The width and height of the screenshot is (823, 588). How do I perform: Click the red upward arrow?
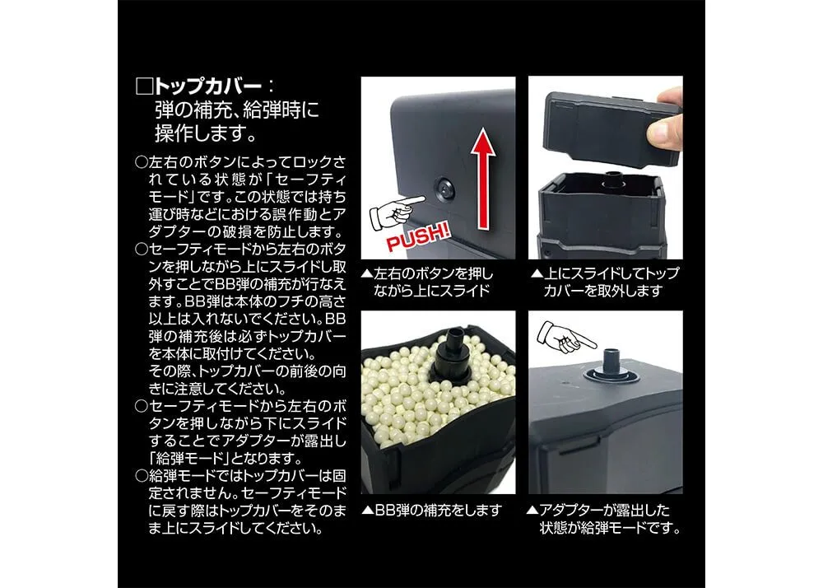tap(483, 180)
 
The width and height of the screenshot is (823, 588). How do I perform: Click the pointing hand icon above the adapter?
tap(566, 338)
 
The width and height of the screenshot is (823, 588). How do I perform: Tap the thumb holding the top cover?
tap(663, 130)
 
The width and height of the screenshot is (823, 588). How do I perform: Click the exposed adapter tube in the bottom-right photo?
tap(611, 362)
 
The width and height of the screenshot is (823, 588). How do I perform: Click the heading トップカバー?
tap(207, 86)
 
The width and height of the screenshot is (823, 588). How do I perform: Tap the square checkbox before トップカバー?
tap(143, 86)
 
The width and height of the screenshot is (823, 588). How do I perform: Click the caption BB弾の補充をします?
tap(438, 511)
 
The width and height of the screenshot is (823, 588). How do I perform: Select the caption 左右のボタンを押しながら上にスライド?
tap(433, 282)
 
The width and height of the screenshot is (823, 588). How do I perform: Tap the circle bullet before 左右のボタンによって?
tap(142, 161)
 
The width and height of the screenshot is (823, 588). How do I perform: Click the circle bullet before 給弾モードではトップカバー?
tap(142, 476)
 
